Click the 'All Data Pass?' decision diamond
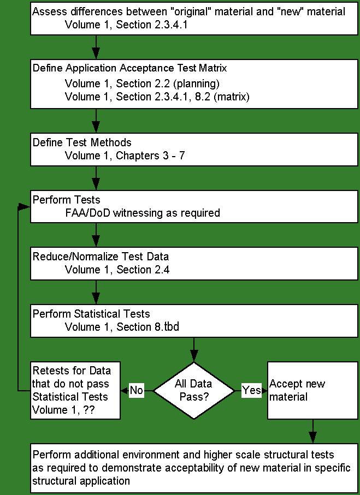tap(194, 391)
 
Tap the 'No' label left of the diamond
tap(137, 391)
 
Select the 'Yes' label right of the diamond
tap(252, 391)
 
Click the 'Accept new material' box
tap(313, 391)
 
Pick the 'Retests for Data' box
tap(75, 391)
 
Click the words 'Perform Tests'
tap(67, 200)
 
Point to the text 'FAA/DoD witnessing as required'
tap(143, 213)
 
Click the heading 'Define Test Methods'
tap(82, 142)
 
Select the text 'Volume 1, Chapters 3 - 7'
tap(125, 156)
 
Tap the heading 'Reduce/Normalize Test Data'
tap(101, 257)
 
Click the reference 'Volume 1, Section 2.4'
tap(117, 270)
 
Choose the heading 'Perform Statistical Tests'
tap(91, 314)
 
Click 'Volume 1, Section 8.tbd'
tap(122, 327)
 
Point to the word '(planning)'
tap(196, 84)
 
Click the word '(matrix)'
tap(232, 97)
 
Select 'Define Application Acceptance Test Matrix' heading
tap(129, 68)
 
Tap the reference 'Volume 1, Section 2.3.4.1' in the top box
tap(126, 25)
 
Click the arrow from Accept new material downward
tap(313, 431)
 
